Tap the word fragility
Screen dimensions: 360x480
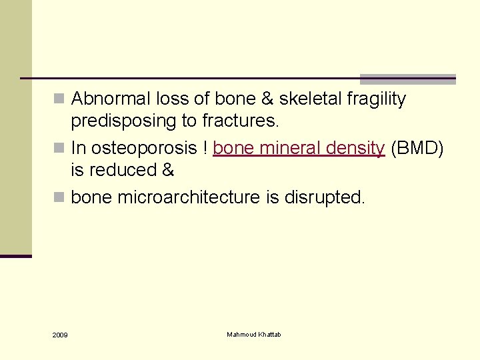coord(377,99)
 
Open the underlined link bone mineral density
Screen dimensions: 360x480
coord(299,147)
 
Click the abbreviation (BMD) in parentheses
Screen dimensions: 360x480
coord(417,147)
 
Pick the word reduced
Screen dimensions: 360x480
coord(121,171)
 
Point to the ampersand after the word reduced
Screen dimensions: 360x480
coord(168,171)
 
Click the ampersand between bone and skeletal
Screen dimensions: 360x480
coord(265,99)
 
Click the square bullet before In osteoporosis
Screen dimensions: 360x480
coord(60,148)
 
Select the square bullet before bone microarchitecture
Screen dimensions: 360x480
coord(60,198)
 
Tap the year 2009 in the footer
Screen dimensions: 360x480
coord(60,334)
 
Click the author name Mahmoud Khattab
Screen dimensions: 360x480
coord(253,334)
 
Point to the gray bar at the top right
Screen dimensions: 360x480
coord(407,79)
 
